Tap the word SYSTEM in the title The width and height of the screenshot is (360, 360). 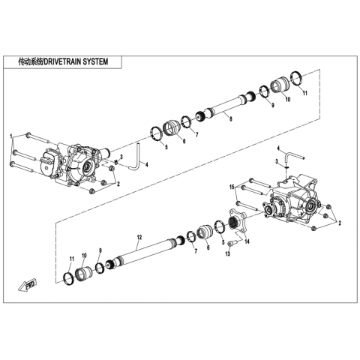(96, 61)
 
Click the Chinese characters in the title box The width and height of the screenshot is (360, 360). (31, 61)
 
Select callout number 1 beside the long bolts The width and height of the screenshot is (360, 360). (11, 136)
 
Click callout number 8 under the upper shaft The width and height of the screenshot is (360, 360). (231, 119)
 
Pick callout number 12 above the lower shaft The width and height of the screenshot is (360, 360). (139, 237)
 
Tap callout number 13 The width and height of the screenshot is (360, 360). (227, 253)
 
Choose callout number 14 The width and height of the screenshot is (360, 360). (247, 241)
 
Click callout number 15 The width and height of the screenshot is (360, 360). (232, 187)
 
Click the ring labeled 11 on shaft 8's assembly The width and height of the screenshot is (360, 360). (297, 78)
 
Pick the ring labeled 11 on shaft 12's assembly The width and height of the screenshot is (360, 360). (68, 279)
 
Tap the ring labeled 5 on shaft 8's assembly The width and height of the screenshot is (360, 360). (157, 134)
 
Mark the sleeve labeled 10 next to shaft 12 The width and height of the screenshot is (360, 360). (83, 274)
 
